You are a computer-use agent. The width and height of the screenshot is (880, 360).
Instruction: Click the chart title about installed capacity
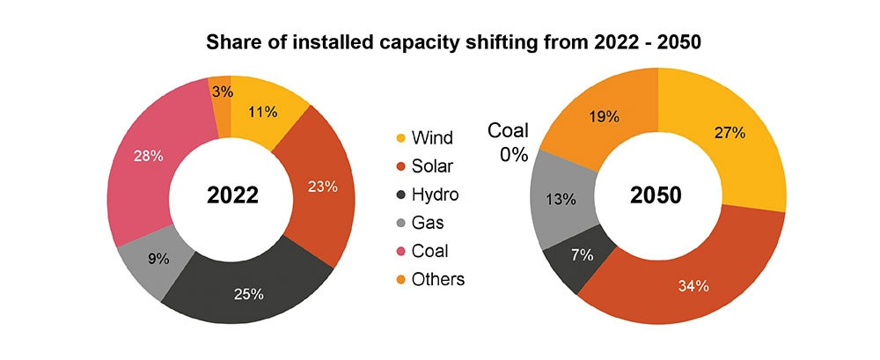(x=439, y=41)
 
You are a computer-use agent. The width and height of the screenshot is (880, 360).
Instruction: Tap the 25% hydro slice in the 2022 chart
(x=249, y=290)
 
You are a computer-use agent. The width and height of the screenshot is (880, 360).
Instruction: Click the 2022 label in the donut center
(x=232, y=195)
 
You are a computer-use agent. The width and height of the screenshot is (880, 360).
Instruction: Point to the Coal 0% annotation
(x=508, y=143)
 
